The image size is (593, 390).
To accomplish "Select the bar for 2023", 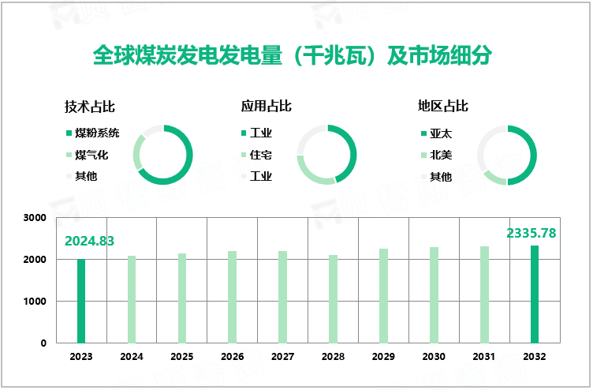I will pyautogui.click(x=81, y=301).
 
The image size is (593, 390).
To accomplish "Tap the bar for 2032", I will pyautogui.click(x=535, y=294).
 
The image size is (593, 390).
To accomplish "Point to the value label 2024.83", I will pyautogui.click(x=90, y=241).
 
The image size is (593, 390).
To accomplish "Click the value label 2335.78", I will pyautogui.click(x=531, y=233).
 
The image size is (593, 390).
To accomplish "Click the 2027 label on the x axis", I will pyautogui.click(x=282, y=357).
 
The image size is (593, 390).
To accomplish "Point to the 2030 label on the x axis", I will pyautogui.click(x=434, y=357).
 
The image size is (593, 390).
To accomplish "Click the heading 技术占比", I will pyautogui.click(x=90, y=106).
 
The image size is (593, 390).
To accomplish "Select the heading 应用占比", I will pyautogui.click(x=267, y=106).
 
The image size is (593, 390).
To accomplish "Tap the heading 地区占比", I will pyautogui.click(x=443, y=106).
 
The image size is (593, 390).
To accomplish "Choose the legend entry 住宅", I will pyautogui.click(x=260, y=155).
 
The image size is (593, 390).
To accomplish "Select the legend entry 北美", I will pyautogui.click(x=440, y=155).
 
